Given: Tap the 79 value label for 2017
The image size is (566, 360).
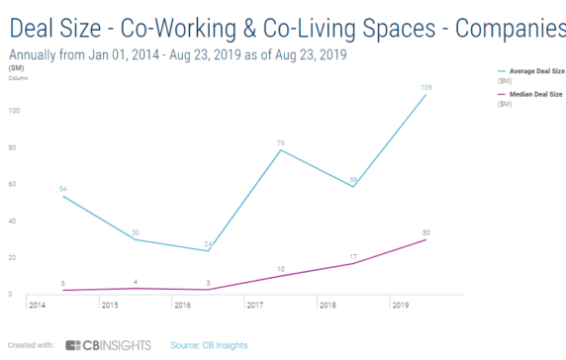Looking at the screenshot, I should coord(280,141).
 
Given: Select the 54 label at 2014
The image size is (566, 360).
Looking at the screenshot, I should coord(63,188).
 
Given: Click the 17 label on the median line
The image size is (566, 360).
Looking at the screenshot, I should coord(353,256).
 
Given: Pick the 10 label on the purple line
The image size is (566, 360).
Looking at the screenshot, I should coord(280,268).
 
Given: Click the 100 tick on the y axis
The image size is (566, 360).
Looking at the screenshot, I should coord(13,111).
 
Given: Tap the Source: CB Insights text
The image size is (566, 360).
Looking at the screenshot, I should coord(209,345).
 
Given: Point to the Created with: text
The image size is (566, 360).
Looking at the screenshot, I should coord(30,345).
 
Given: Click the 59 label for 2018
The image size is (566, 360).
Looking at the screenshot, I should coord(353,179).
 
